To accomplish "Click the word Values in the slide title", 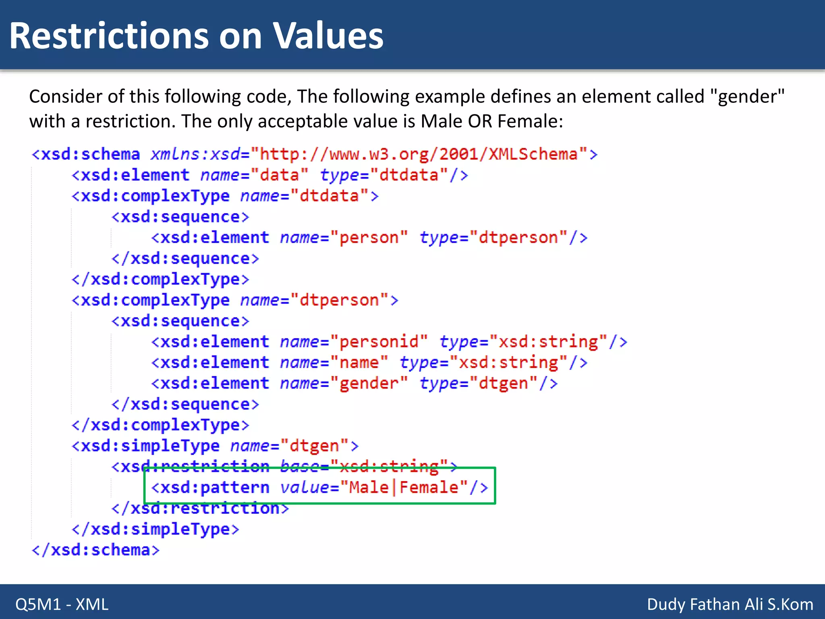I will (x=328, y=36).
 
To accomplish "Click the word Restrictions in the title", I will (x=109, y=36).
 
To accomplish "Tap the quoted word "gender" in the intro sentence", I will (x=747, y=97).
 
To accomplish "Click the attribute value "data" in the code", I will (x=279, y=175).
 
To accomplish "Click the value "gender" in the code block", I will (x=369, y=383).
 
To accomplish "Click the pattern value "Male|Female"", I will (x=404, y=488).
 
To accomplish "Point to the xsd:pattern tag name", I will (x=215, y=488).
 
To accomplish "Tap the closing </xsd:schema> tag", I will (x=96, y=550).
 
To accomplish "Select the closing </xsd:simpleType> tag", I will (x=155, y=529).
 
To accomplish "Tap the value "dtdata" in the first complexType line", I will (x=329, y=196).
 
